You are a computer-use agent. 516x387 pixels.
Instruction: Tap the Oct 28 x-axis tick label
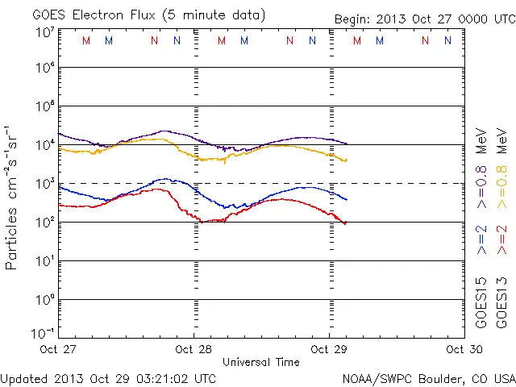193,349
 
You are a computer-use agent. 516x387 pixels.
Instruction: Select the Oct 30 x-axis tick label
459,349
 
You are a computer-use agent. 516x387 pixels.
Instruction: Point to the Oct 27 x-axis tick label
60,349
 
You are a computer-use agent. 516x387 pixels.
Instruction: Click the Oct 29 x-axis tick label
329,349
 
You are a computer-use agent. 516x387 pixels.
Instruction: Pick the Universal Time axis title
260,362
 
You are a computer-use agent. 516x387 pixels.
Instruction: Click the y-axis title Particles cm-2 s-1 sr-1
12,198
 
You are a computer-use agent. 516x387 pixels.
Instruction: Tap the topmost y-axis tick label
44,33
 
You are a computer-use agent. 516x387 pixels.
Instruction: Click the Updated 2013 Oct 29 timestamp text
109,378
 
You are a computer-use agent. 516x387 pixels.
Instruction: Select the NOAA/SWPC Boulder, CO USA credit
428,378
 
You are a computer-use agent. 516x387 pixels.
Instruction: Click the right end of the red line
346,223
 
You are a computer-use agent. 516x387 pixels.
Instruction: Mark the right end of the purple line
347,144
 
